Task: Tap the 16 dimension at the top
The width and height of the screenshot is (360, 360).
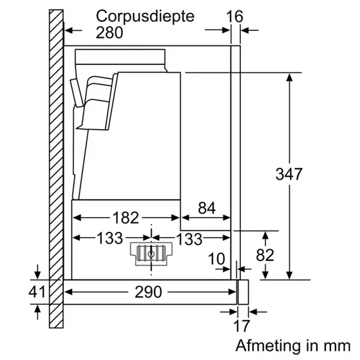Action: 236,15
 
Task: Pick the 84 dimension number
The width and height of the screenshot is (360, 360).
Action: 206,209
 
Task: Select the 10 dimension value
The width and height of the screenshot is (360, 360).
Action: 217,259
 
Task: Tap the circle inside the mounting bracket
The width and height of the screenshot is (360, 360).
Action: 151,254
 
